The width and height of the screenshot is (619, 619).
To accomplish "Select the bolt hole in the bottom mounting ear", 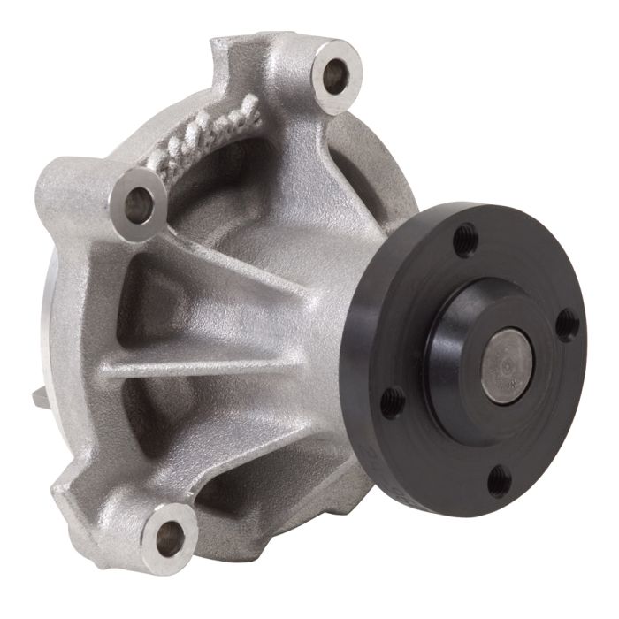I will pyautogui.click(x=168, y=534).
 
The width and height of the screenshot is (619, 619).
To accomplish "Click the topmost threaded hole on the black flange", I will pyautogui.click(x=462, y=238).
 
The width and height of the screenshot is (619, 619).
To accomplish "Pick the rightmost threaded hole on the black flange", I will pyautogui.click(x=568, y=326).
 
